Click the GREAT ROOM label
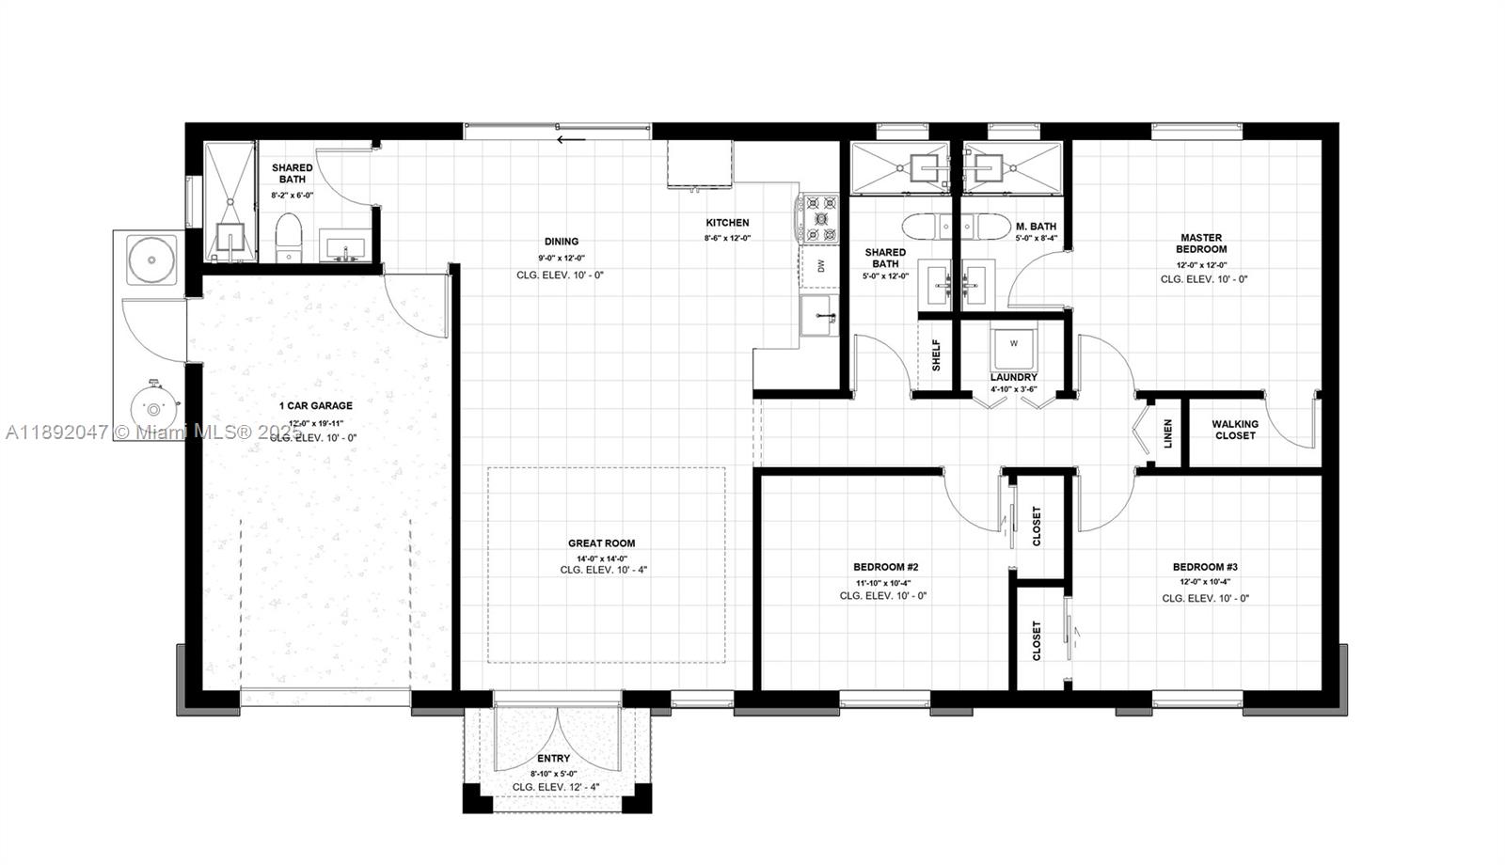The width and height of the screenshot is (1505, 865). tap(601, 543)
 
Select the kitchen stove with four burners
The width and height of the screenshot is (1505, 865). tap(819, 219)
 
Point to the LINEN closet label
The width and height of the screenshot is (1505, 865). tap(1167, 433)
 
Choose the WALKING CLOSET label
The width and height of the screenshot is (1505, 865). tap(1235, 430)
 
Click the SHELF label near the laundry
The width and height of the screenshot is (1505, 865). tap(936, 354)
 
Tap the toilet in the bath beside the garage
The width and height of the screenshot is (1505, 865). tap(288, 237)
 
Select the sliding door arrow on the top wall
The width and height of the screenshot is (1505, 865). tap(571, 140)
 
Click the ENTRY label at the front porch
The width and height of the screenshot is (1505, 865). tap(553, 759)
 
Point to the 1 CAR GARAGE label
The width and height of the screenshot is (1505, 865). tap(315, 406)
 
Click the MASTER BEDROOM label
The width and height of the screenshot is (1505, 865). tap(1201, 244)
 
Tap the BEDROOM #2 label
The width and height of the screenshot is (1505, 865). tap(885, 567)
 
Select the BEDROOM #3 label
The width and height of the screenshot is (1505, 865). tap(1204, 567)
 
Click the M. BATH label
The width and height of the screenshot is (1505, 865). tap(1036, 227)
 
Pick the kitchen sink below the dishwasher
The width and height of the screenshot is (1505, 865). tap(818, 314)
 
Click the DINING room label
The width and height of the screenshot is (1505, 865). tap(561, 242)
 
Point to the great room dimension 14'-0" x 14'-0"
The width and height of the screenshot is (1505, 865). tap(601, 558)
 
